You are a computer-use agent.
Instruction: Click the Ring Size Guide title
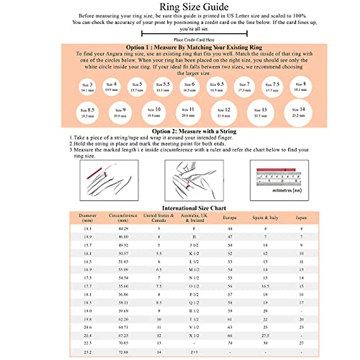pyautogui.click(x=194, y=7)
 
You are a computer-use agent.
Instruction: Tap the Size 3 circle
pyautogui.click(x=87, y=87)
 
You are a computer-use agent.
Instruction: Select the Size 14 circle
pyautogui.click(x=298, y=112)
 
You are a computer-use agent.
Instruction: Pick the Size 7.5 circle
pyautogui.click(x=272, y=87)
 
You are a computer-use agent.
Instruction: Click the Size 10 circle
pyautogui.click(x=154, y=112)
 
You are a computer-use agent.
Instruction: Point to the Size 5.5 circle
pyautogui.click(x=163, y=87)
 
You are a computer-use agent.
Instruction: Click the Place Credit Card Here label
pyautogui.click(x=194, y=40)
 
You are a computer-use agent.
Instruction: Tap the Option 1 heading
pyautogui.click(x=194, y=47)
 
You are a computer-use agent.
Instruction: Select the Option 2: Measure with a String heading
pyautogui.click(x=194, y=131)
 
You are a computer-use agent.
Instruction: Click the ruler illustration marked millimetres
pyautogui.click(x=279, y=180)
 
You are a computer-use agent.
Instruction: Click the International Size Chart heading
pyautogui.click(x=194, y=208)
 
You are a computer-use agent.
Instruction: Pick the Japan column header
pyautogui.click(x=301, y=218)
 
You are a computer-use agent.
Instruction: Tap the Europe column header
pyautogui.click(x=229, y=218)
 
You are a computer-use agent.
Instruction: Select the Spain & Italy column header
pyautogui.click(x=265, y=218)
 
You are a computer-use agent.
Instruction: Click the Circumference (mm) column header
pyautogui.click(x=123, y=218)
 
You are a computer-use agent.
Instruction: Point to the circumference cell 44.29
pyautogui.click(x=123, y=229)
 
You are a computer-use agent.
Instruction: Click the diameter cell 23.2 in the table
pyautogui.click(x=88, y=352)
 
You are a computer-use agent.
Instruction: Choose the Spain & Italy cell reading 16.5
pyautogui.click(x=265, y=286)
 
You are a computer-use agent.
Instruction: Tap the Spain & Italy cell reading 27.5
pyautogui.click(x=265, y=336)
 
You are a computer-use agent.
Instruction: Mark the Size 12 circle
pyautogui.click(x=224, y=113)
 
